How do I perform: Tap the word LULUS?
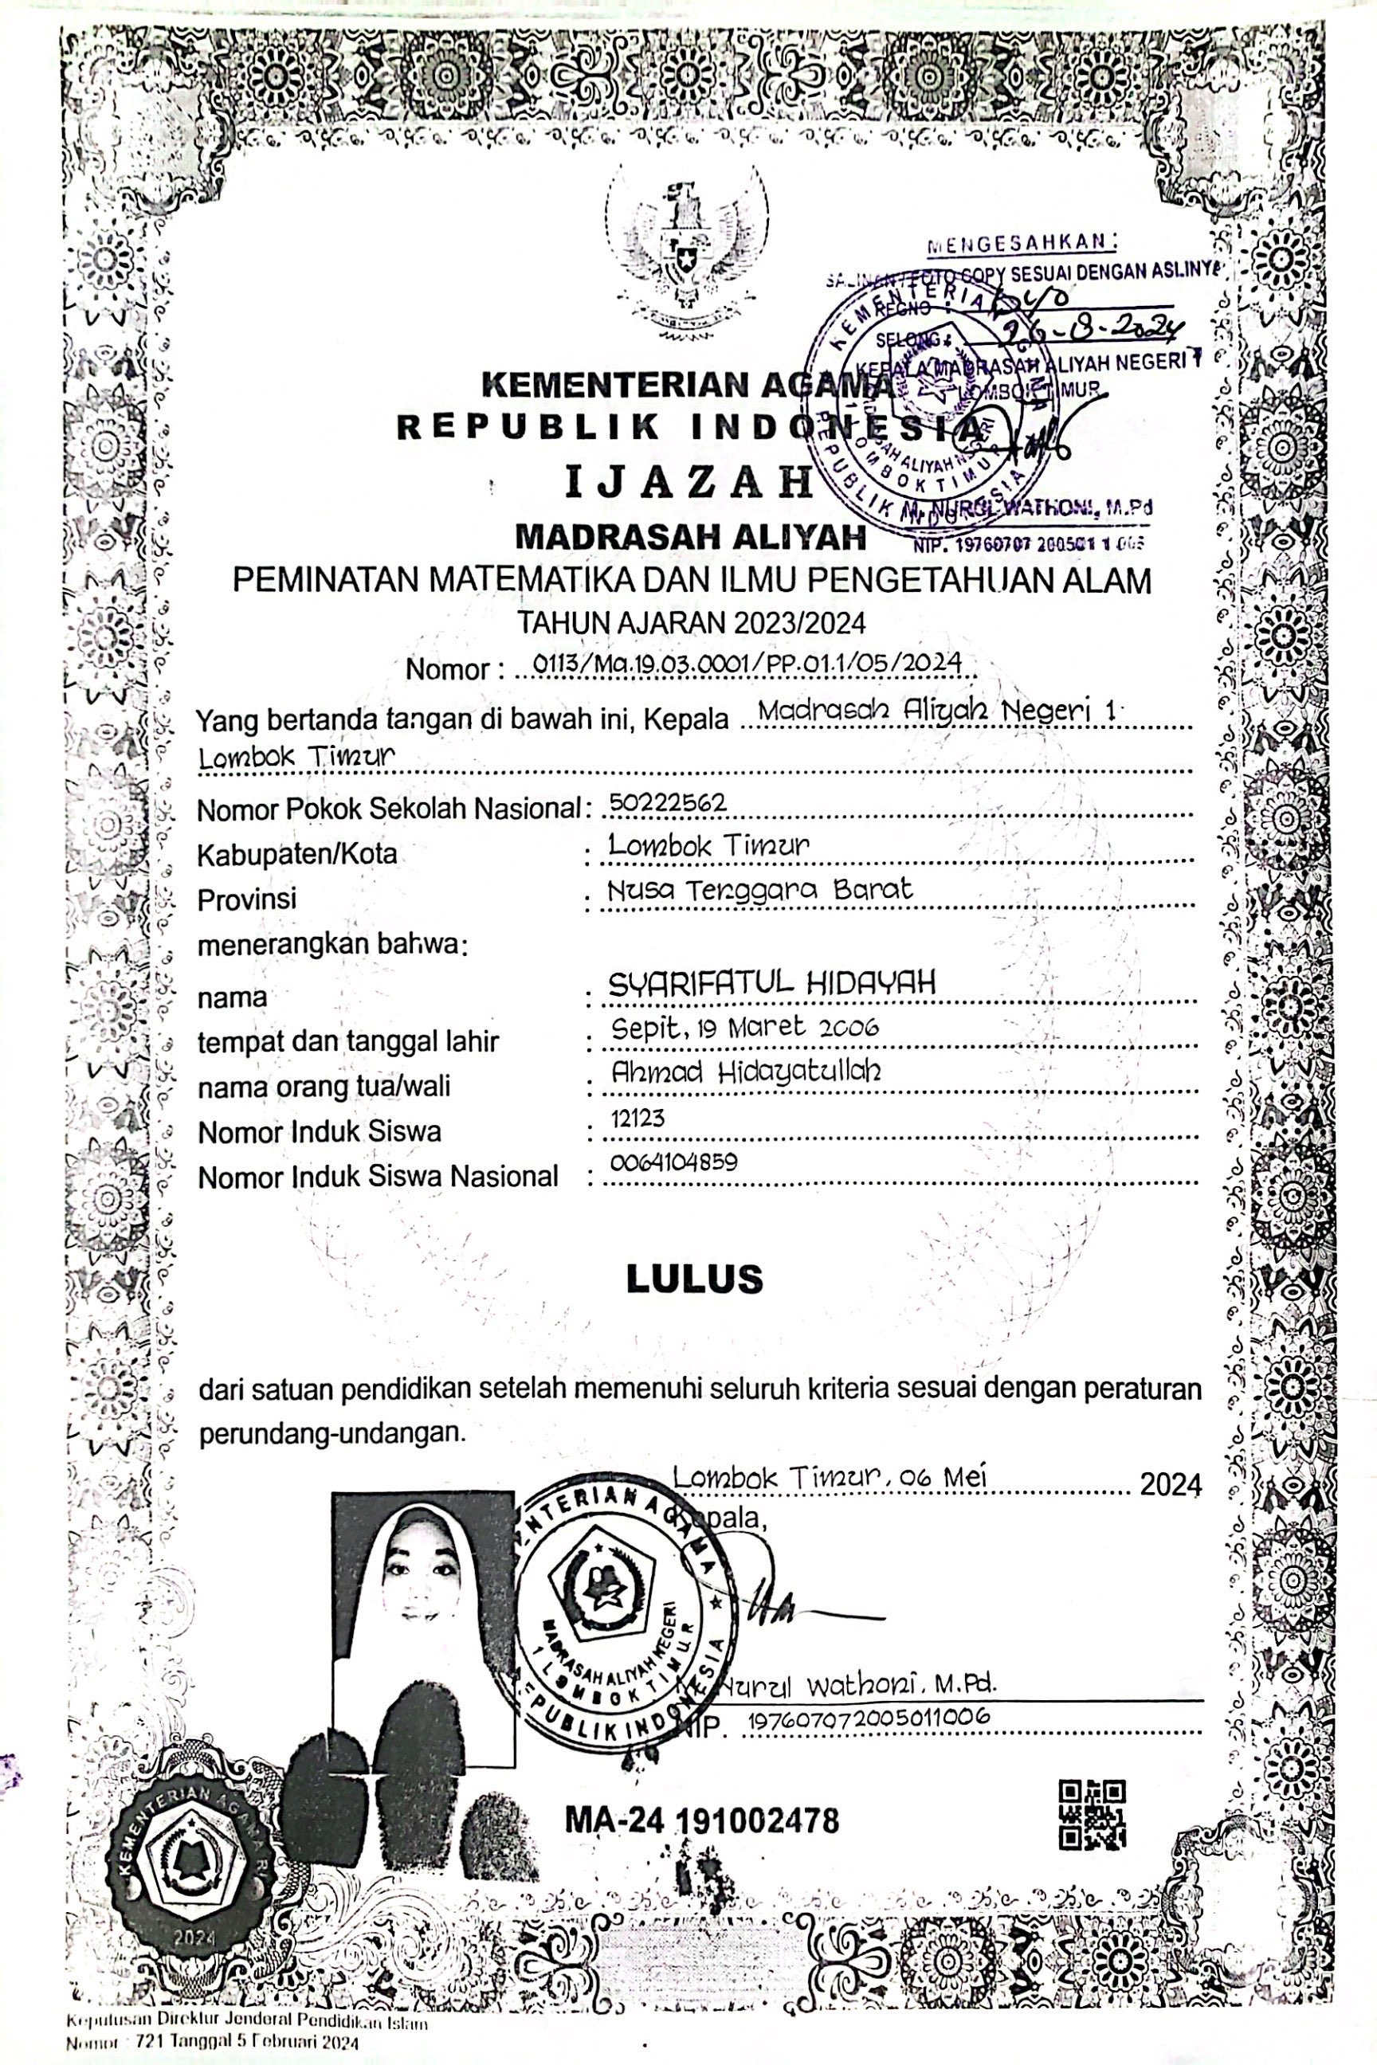(694, 1280)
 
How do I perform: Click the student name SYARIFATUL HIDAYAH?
(772, 982)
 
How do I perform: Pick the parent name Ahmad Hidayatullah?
(747, 1070)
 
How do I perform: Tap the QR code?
(1092, 1816)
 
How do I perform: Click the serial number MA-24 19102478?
(702, 1820)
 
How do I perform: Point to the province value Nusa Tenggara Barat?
(760, 889)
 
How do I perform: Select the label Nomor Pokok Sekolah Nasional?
(389, 809)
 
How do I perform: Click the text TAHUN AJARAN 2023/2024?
(691, 622)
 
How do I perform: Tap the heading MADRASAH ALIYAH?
(690, 535)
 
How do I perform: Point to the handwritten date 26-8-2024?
(1094, 331)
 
